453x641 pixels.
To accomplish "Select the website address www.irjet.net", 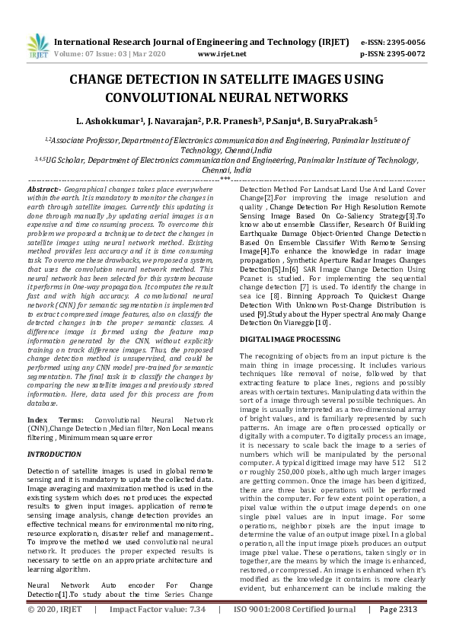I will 222,54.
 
